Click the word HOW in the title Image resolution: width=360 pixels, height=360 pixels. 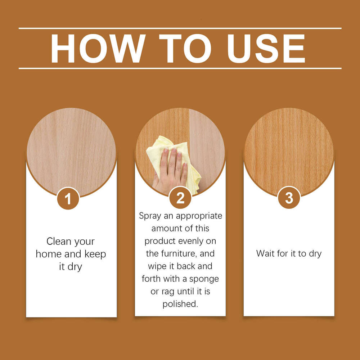pyautogui.click(x=98, y=49)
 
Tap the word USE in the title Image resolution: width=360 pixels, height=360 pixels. pyautogui.click(x=266, y=49)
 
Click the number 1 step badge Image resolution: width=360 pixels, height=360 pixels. pyautogui.click(x=68, y=198)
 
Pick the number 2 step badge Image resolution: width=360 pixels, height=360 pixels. pyautogui.click(x=180, y=198)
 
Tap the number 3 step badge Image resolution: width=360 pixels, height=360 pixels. pyautogui.click(x=289, y=198)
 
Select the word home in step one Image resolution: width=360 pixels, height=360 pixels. pyautogui.click(x=49, y=254)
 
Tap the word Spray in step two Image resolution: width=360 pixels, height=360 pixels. pyautogui.click(x=150, y=216)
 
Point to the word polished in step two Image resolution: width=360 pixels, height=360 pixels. pyautogui.click(x=180, y=304)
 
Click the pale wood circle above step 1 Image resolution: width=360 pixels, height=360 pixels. pyautogui.click(x=71, y=148)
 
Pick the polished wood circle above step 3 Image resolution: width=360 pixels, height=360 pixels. pyautogui.click(x=289, y=148)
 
